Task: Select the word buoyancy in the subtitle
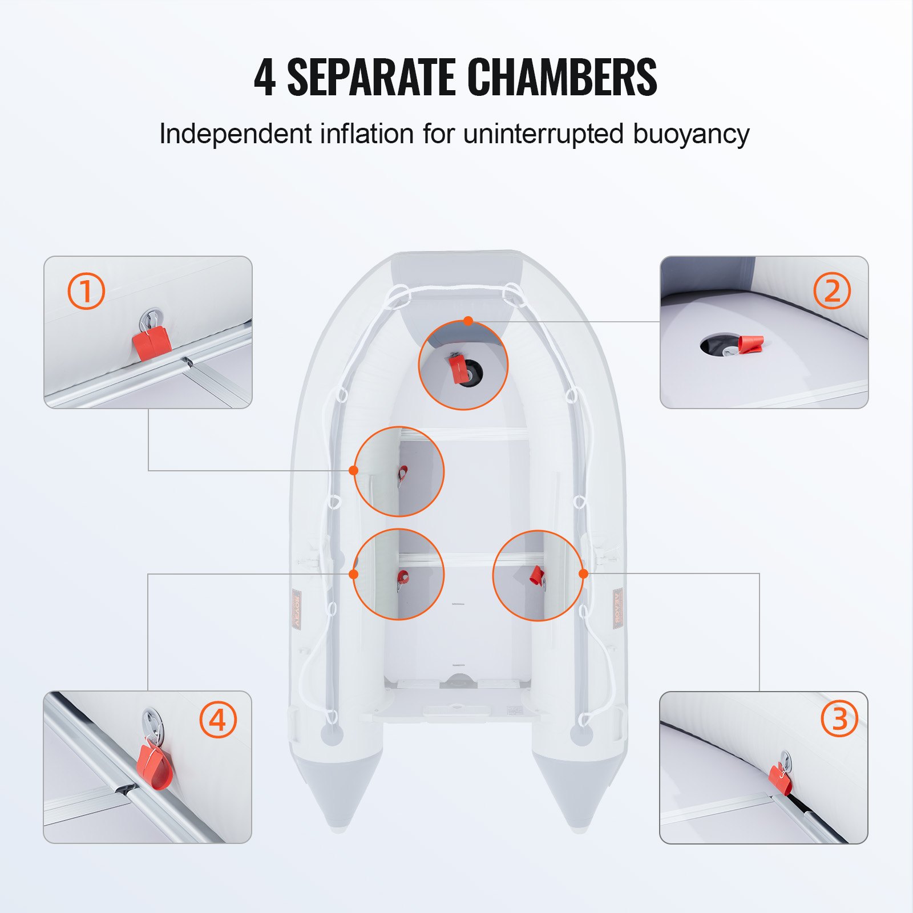click(690, 135)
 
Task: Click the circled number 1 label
click(86, 291)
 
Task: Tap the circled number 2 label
click(831, 290)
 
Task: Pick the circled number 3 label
click(839, 718)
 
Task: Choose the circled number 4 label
click(217, 720)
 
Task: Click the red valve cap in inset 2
click(750, 344)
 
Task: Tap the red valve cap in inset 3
click(779, 779)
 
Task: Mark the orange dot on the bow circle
click(468, 321)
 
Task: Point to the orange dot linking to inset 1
click(353, 470)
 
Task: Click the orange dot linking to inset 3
click(583, 573)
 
